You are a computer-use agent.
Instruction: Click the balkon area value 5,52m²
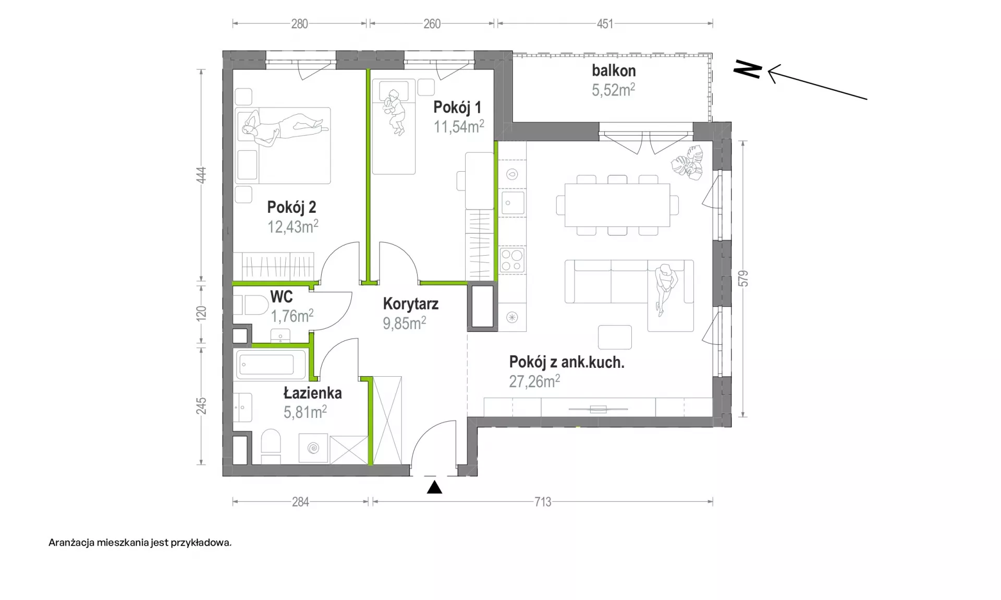(613, 90)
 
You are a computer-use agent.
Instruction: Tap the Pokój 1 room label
(457, 107)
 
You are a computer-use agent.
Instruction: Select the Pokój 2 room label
(291, 207)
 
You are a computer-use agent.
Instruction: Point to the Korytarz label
(411, 304)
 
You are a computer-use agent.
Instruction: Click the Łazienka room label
(313, 392)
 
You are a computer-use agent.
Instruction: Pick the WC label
(282, 297)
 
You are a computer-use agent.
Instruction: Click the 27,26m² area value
(534, 381)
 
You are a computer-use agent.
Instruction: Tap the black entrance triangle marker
(434, 487)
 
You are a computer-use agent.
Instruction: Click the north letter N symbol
(748, 69)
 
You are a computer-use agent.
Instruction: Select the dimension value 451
(605, 24)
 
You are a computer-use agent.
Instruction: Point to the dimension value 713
(543, 502)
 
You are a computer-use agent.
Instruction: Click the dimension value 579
(743, 279)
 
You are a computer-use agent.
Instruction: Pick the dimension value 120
(201, 313)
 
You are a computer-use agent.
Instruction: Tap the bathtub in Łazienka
(271, 364)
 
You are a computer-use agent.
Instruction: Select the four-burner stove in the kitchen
(512, 260)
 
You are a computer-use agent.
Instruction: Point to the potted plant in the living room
(688, 162)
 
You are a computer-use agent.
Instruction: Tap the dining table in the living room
(617, 205)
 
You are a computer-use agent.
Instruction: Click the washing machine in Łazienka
(313, 448)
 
